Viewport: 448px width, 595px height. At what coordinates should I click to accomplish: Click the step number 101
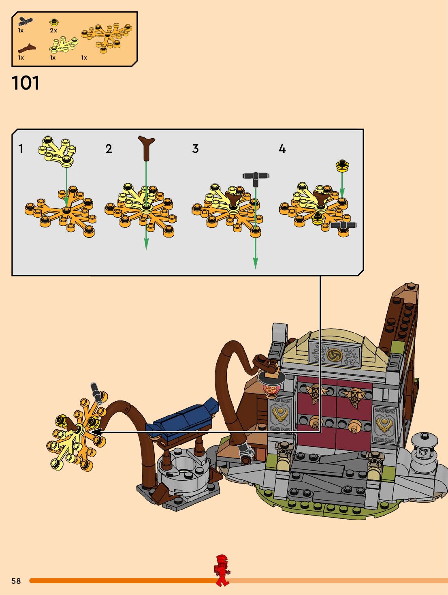[26, 83]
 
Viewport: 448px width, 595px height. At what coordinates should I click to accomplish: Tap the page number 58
[16, 581]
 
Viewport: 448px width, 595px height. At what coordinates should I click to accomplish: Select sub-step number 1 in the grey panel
[21, 149]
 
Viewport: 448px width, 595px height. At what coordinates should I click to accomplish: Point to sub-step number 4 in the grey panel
[282, 149]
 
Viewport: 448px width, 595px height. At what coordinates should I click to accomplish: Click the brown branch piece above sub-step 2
[147, 148]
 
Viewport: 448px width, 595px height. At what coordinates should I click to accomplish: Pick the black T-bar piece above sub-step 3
[256, 177]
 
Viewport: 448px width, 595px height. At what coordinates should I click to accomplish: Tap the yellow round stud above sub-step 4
[342, 165]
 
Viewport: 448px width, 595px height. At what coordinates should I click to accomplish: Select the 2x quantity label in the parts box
[53, 30]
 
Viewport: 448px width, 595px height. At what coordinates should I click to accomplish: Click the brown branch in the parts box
[26, 49]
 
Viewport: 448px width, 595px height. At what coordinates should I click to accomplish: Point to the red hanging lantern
[272, 388]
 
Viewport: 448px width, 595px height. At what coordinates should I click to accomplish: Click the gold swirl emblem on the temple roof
[335, 355]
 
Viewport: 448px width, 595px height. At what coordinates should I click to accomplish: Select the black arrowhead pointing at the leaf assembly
[96, 432]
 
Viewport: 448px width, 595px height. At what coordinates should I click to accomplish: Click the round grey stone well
[184, 470]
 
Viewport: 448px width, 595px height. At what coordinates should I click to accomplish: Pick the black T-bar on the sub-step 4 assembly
[343, 225]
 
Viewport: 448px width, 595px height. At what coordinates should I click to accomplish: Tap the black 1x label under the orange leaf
[84, 58]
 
